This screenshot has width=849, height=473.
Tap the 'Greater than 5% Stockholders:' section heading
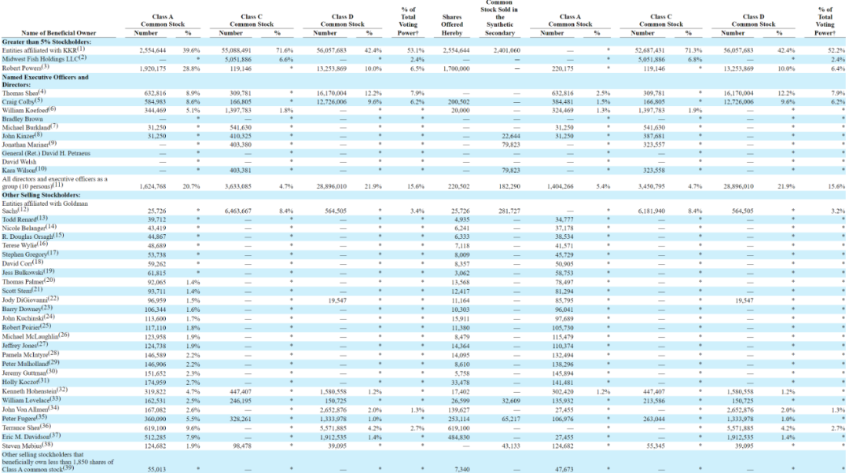point(46,41)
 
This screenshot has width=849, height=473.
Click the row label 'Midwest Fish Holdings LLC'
point(43,57)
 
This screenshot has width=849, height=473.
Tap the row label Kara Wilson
point(24,170)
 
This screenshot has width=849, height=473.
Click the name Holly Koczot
point(26,381)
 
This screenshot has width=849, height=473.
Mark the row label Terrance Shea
point(28,426)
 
